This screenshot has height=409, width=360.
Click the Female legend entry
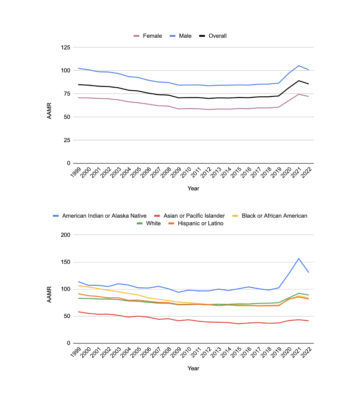[x=148, y=36]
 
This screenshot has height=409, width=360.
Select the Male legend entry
[x=180, y=36]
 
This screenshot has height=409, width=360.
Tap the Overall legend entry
[x=213, y=36]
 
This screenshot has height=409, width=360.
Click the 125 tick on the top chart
[x=66, y=48]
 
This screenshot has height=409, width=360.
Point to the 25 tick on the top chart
[x=67, y=140]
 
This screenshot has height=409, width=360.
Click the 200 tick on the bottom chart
[x=65, y=235]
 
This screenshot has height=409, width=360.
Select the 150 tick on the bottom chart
[x=65, y=262]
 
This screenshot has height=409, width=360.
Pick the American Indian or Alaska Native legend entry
[x=99, y=216]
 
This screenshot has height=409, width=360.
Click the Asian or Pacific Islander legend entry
[x=189, y=216]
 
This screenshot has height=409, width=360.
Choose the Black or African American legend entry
[x=270, y=216]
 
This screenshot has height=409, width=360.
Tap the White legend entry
[x=149, y=223]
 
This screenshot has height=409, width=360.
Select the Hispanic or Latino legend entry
[x=196, y=223]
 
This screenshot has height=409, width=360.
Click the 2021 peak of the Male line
[x=299, y=66]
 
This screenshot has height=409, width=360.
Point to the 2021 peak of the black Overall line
[x=299, y=81]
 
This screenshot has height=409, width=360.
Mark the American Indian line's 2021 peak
[x=299, y=258]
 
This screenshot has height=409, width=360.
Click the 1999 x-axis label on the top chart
[x=76, y=172]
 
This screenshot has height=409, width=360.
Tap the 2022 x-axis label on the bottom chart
[x=306, y=352]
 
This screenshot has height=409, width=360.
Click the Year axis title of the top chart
[x=193, y=188]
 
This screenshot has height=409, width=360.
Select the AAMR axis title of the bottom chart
[x=49, y=294]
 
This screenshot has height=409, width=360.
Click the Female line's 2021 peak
[x=299, y=94]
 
